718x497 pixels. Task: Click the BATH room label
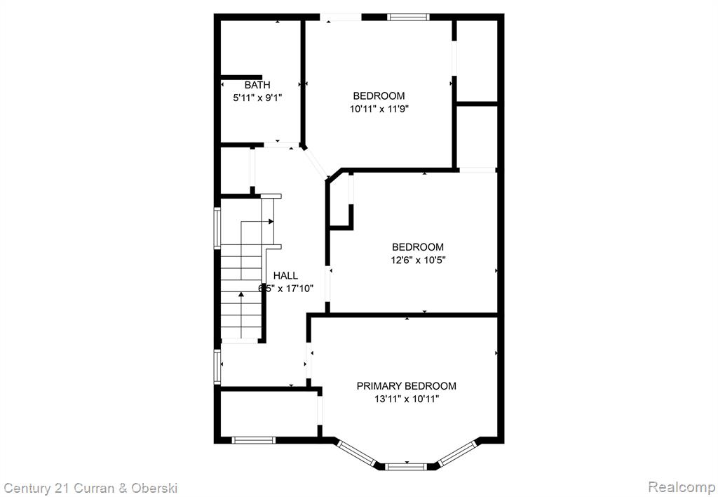click(x=257, y=85)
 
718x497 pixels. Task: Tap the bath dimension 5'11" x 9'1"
click(x=257, y=98)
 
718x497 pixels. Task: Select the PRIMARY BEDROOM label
click(x=407, y=386)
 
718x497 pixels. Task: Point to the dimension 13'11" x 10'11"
click(x=407, y=399)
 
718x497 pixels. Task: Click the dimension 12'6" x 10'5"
click(x=418, y=260)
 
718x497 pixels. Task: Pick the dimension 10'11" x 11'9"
click(x=379, y=109)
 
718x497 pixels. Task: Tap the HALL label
click(x=286, y=276)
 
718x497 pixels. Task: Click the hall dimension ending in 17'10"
click(x=286, y=289)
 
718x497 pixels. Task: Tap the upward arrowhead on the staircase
click(x=241, y=294)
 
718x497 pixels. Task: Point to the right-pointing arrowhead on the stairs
click(x=271, y=221)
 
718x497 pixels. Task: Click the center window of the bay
click(x=406, y=467)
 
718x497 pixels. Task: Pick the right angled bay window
click(x=456, y=453)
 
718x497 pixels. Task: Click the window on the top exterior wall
click(x=409, y=18)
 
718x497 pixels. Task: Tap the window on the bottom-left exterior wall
click(x=253, y=440)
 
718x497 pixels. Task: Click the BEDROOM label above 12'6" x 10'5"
click(x=418, y=247)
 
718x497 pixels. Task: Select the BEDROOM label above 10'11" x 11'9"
click(x=379, y=96)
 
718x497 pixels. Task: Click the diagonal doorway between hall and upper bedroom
click(x=316, y=163)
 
